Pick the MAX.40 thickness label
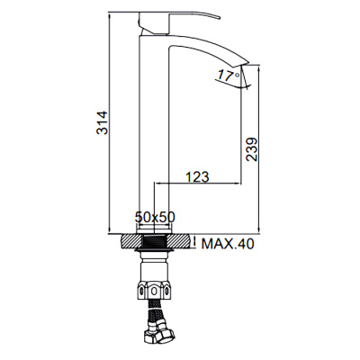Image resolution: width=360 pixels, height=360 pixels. point(229,243)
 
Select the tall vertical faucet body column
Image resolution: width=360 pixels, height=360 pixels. point(150,135)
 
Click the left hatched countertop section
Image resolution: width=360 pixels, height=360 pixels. point(131,242)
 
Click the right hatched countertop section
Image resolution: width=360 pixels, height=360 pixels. point(181,242)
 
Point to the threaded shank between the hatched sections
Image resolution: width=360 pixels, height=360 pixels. point(156,242)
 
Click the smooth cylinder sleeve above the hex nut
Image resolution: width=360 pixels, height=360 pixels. point(156,269)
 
